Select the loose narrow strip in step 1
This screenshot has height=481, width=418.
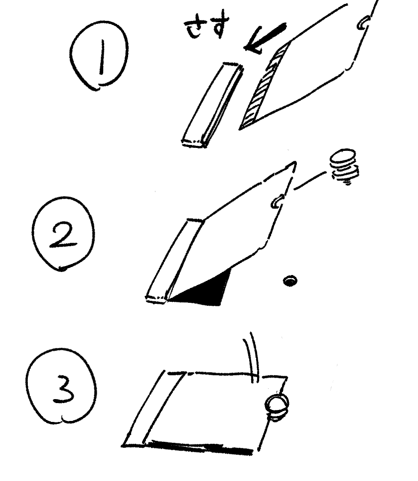coord(212,105)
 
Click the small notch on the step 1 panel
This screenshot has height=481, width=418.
coord(362,24)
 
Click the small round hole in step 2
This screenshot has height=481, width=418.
coord(289,280)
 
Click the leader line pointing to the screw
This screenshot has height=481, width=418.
coord(310,180)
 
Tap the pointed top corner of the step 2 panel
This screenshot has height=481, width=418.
coord(295,162)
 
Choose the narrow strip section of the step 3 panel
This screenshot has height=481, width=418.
coord(153,409)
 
